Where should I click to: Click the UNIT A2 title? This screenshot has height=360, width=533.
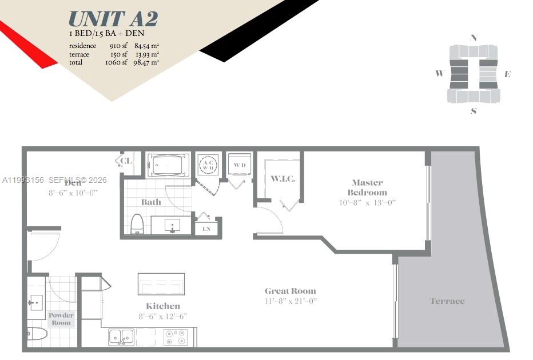coord(113,19)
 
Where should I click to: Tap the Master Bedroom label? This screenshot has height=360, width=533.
coord(367,187)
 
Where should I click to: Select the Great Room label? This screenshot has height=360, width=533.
coord(290,291)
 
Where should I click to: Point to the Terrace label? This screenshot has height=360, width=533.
coord(447,301)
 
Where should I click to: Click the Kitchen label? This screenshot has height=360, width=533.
coord(163,306)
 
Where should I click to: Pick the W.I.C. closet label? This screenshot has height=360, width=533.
coord(283,179)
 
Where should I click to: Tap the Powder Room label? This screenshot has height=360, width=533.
coord(61,319)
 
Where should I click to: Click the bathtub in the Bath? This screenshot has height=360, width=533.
coord(168,166)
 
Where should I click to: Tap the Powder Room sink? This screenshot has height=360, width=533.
coord(36,301)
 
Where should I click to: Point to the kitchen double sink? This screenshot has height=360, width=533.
coord(121,337)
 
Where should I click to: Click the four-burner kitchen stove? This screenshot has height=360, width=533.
coord(176,337)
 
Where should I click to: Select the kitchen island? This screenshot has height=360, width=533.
coord(161,283)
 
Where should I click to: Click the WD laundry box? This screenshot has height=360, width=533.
coord(239,166)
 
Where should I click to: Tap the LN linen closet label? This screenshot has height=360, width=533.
coord(206,229)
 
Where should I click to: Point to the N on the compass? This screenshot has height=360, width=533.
coord(473,38)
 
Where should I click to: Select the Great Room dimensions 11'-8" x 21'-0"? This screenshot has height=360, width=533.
coord(291,301)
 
